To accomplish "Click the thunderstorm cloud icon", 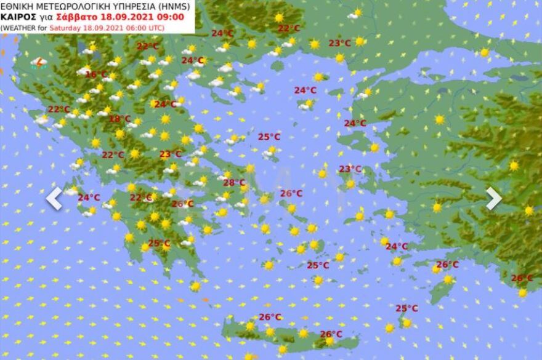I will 38,62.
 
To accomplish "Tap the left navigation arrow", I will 54,198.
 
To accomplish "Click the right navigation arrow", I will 493,198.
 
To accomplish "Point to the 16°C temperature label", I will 96,74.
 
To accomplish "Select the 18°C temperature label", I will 119,119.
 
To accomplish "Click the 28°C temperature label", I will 234,183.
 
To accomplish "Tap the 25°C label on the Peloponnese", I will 159,244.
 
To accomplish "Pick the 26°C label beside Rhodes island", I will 447,265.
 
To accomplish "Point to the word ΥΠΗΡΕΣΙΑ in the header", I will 132,6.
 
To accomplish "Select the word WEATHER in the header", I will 17,27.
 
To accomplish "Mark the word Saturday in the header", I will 63,27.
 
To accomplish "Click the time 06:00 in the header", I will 125,27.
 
